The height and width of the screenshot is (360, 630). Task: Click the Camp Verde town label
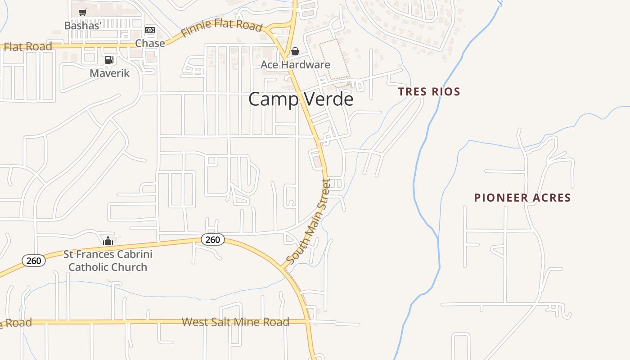[301, 99]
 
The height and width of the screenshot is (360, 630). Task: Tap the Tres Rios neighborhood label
[429, 92]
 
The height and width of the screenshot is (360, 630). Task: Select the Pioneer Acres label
[522, 198]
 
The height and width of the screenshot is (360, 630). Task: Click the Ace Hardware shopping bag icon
[295, 51]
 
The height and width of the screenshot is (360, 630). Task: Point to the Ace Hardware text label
[295, 65]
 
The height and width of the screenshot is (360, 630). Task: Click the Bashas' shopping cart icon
[82, 13]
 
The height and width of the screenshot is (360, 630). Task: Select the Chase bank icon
[150, 30]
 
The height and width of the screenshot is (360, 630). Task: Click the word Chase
[150, 43]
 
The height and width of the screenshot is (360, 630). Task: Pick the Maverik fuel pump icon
[109, 59]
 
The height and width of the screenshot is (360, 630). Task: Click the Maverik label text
[109, 73]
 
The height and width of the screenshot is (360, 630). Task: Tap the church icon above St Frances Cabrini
[108, 241]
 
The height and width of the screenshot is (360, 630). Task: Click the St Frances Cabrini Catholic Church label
[108, 261]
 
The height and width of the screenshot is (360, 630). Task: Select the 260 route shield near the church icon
[212, 239]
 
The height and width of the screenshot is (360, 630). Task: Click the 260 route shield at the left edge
[34, 261]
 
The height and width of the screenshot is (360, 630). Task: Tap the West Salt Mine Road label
[235, 322]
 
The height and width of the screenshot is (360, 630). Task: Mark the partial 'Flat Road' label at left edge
[27, 46]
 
